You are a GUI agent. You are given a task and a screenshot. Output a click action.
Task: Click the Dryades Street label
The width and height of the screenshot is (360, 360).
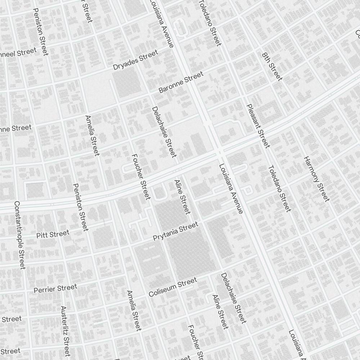tap(135, 60)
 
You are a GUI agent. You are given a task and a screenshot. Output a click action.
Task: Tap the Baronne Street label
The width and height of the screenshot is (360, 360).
tap(181, 82)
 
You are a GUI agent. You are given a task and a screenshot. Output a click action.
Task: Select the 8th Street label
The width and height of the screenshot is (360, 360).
tap(272, 66)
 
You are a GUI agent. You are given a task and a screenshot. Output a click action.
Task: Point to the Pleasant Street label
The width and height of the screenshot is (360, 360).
tap(258, 126)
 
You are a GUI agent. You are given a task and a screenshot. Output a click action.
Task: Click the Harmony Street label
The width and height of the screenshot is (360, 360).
tap(316, 179)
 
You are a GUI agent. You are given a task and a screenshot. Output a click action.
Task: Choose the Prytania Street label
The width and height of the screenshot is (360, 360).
tap(175, 232)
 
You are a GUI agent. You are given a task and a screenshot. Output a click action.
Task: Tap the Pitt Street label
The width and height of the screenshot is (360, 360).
tap(53, 235)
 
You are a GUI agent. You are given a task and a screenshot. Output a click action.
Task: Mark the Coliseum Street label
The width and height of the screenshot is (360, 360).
tap(173, 287)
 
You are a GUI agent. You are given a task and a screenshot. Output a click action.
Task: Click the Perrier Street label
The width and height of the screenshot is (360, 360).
tap(55, 288)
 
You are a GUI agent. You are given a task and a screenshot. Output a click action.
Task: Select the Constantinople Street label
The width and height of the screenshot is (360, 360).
tap(20, 235)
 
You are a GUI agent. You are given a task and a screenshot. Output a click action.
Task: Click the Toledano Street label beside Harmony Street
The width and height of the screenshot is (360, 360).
tap(279, 188)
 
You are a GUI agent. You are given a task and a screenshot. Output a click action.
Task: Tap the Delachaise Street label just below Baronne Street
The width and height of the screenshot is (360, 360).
tap(164, 132)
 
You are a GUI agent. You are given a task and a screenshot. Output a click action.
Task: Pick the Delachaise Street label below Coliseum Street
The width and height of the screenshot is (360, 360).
tap(233, 298)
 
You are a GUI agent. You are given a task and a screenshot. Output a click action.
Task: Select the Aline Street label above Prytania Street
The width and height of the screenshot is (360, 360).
tap(182, 197)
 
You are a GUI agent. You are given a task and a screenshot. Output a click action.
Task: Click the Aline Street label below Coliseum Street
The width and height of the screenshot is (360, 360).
tap(220, 312)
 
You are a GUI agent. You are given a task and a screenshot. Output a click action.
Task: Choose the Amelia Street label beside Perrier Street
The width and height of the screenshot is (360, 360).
tap(134, 310)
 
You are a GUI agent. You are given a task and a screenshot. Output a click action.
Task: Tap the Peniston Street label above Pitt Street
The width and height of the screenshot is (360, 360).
tap(80, 207)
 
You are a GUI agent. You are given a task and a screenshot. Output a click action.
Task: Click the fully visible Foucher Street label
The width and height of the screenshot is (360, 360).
tap(141, 177)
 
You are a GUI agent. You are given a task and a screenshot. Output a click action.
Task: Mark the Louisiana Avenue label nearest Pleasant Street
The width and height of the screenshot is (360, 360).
tap(231, 188)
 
